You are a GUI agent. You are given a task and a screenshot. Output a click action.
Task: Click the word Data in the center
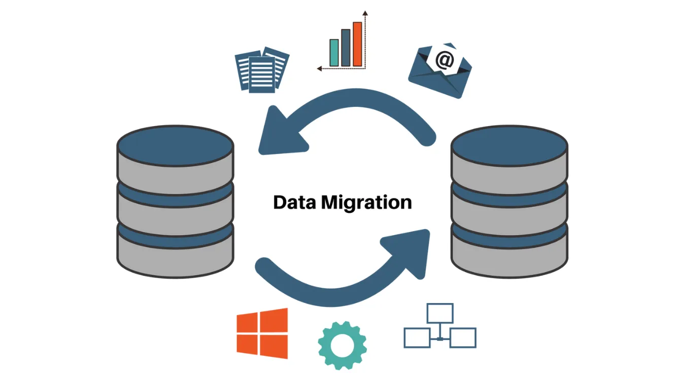click(295, 202)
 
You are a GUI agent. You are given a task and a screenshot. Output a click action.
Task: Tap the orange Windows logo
click(262, 333)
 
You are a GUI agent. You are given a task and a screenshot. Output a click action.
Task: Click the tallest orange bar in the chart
click(357, 44)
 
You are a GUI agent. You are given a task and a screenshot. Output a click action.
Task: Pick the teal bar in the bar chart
click(334, 53)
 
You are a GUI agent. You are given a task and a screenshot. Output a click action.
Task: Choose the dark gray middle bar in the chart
click(346, 48)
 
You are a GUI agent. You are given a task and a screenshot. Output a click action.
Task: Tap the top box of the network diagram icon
click(439, 313)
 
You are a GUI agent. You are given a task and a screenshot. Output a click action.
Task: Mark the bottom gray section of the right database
click(509, 259)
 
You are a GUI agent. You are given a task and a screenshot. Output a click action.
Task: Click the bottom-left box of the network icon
click(417, 337)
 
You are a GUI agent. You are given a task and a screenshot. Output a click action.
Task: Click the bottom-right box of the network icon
click(463, 337)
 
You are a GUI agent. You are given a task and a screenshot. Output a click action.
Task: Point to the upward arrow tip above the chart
click(365, 13)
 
